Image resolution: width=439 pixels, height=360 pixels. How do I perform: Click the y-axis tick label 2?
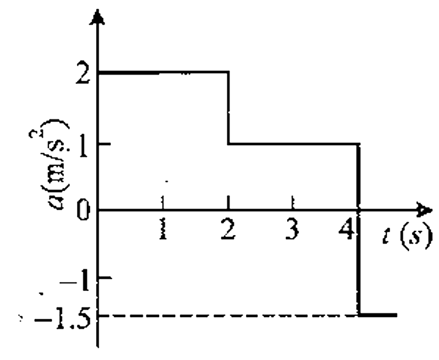(83, 74)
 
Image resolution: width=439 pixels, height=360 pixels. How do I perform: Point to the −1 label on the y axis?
(75, 281)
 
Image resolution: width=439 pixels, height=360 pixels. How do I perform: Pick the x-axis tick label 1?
(163, 229)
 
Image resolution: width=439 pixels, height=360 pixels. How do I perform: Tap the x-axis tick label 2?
(228, 229)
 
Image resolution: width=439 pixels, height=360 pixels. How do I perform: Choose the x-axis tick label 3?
(292, 229)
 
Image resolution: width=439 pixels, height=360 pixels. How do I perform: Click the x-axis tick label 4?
(346, 229)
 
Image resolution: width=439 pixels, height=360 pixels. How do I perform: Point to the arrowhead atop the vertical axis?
(97, 17)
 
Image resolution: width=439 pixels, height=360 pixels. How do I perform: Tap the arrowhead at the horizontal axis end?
(424, 209)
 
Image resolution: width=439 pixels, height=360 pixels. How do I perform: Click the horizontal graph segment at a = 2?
(163, 73)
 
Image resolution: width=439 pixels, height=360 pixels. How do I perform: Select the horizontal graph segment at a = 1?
(294, 144)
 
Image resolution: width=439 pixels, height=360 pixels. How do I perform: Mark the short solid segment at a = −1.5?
(378, 315)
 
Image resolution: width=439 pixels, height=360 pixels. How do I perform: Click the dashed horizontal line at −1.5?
(228, 315)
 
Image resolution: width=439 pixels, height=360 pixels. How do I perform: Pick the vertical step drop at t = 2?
(229, 108)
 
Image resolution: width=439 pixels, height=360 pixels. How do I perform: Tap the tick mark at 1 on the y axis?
(104, 144)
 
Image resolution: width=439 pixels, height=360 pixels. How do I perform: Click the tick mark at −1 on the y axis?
(105, 278)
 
